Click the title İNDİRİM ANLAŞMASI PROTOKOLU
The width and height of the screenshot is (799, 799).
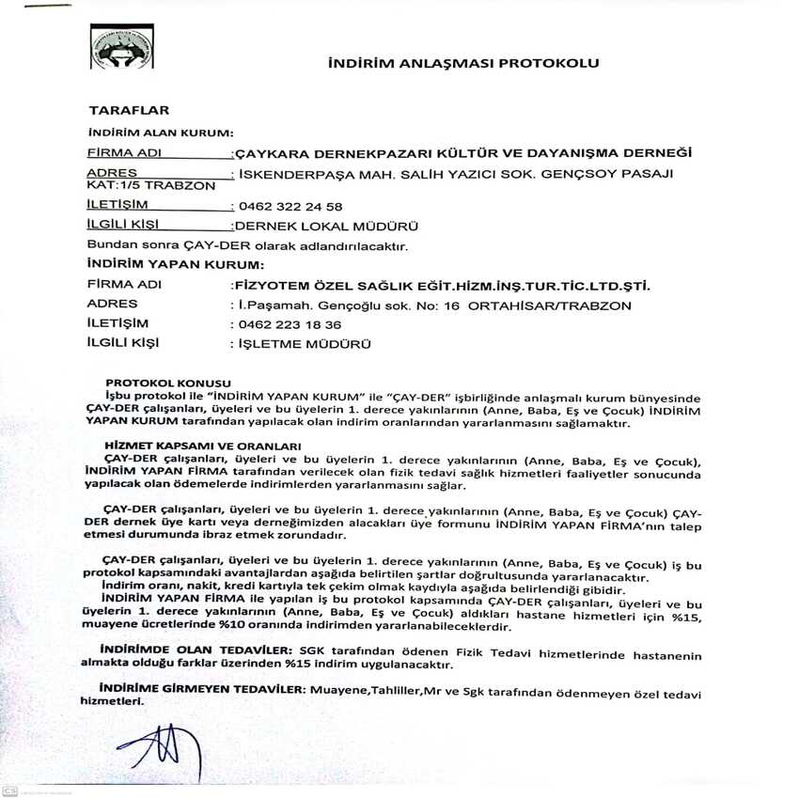coord(462,64)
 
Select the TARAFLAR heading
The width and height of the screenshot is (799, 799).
coord(128,111)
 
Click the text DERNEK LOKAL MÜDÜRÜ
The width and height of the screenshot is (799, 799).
coord(325,226)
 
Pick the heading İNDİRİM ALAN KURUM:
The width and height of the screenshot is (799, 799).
coord(160,133)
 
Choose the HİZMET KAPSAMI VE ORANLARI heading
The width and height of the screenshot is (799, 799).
coord(202,446)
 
